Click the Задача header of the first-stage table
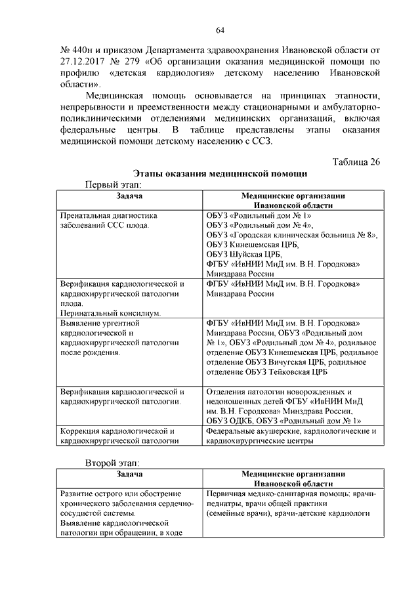pos(129,196)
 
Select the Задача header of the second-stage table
pos(129,474)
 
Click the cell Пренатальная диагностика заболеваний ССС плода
pos(108,220)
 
